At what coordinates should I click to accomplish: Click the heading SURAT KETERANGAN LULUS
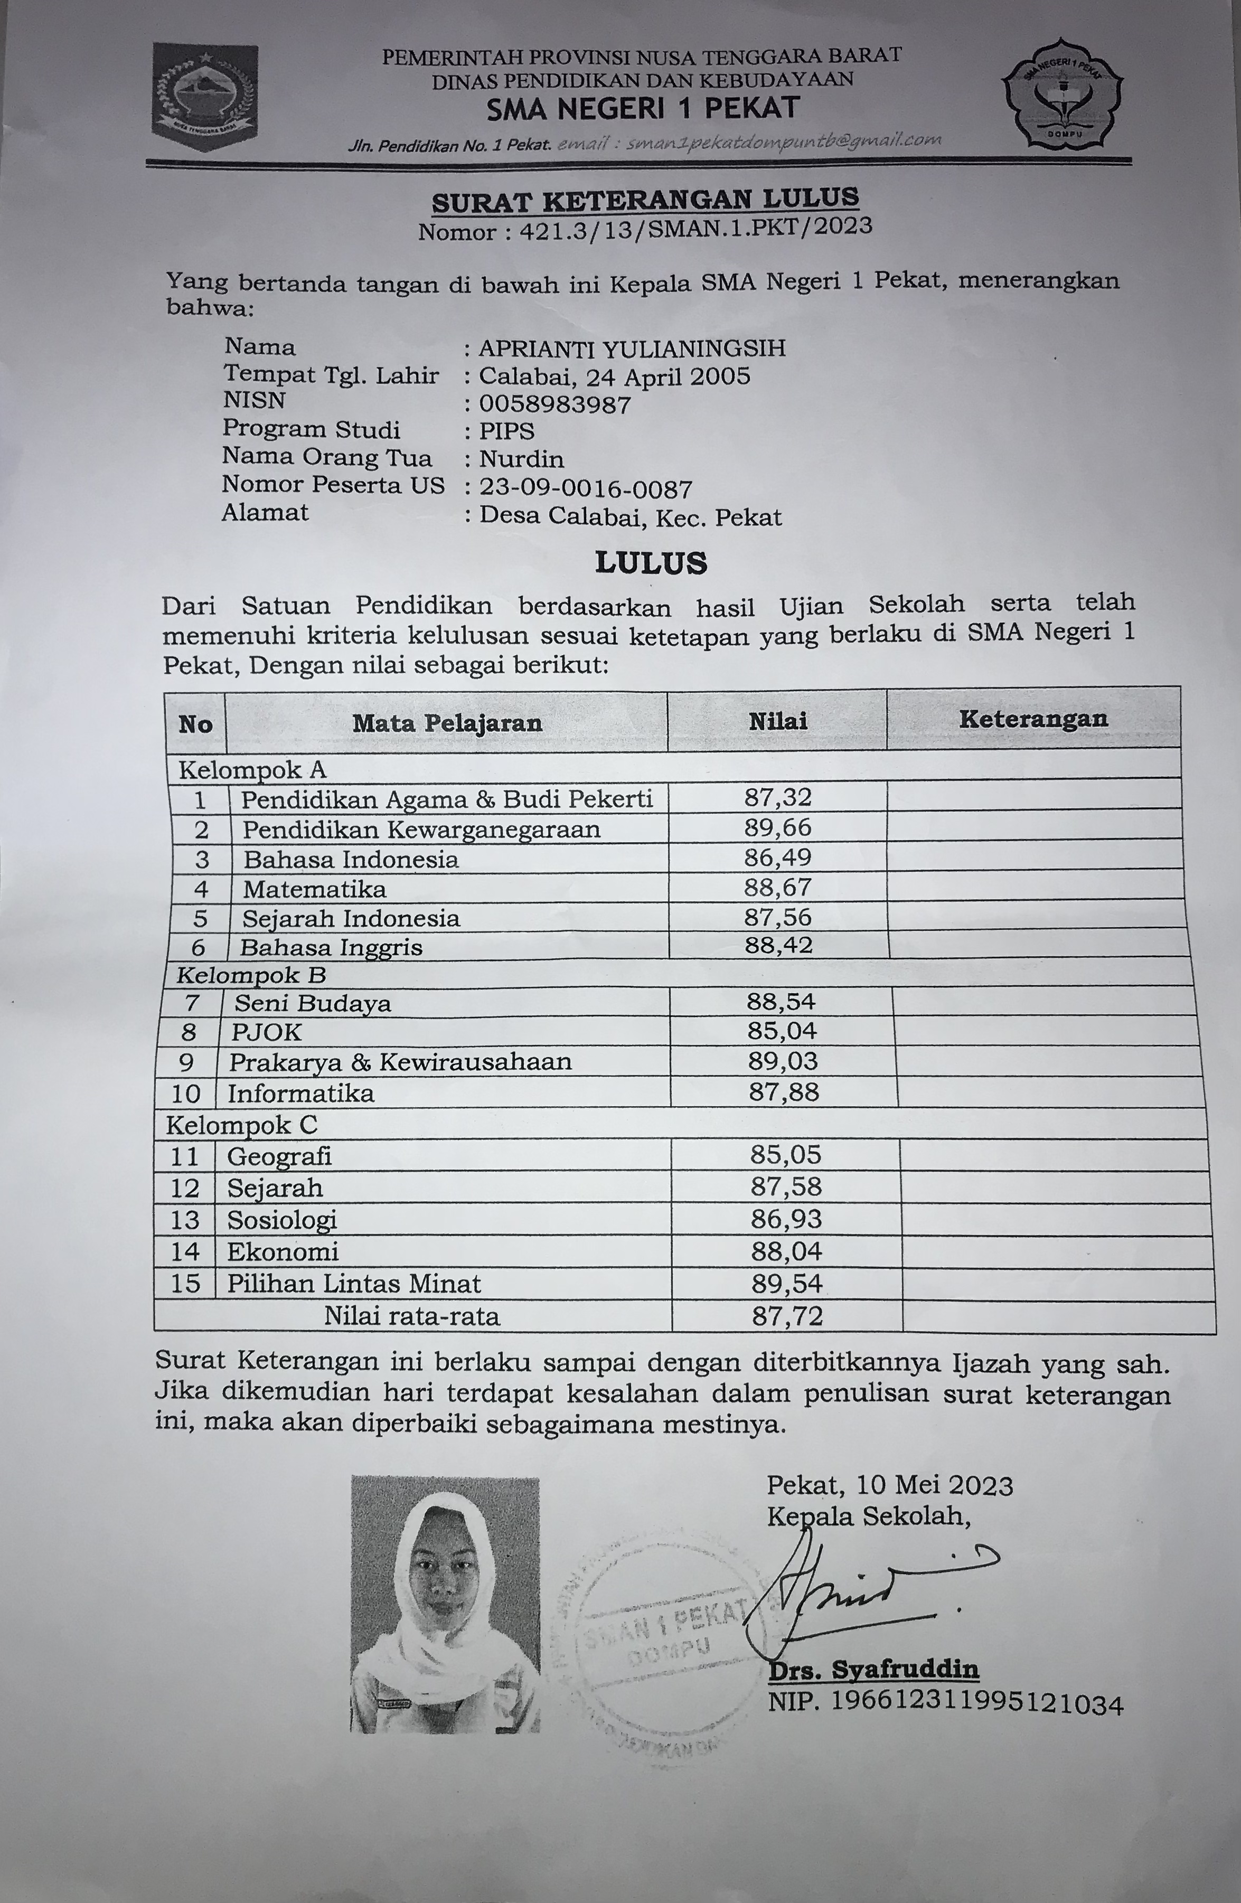coord(645,200)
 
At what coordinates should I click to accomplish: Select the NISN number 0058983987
coord(555,404)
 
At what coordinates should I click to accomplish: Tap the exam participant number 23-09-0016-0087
coord(585,488)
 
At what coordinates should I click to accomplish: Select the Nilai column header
coord(777,721)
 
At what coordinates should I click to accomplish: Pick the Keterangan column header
coord(1033,719)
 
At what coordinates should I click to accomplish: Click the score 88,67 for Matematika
coord(777,887)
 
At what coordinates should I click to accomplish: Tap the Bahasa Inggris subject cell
coord(331,947)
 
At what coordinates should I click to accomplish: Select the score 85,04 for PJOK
coord(782,1031)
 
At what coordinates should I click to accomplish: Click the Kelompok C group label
coord(241,1125)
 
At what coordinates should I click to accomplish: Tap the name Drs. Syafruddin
coord(873,1670)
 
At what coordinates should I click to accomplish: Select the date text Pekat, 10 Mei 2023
coord(889,1486)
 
